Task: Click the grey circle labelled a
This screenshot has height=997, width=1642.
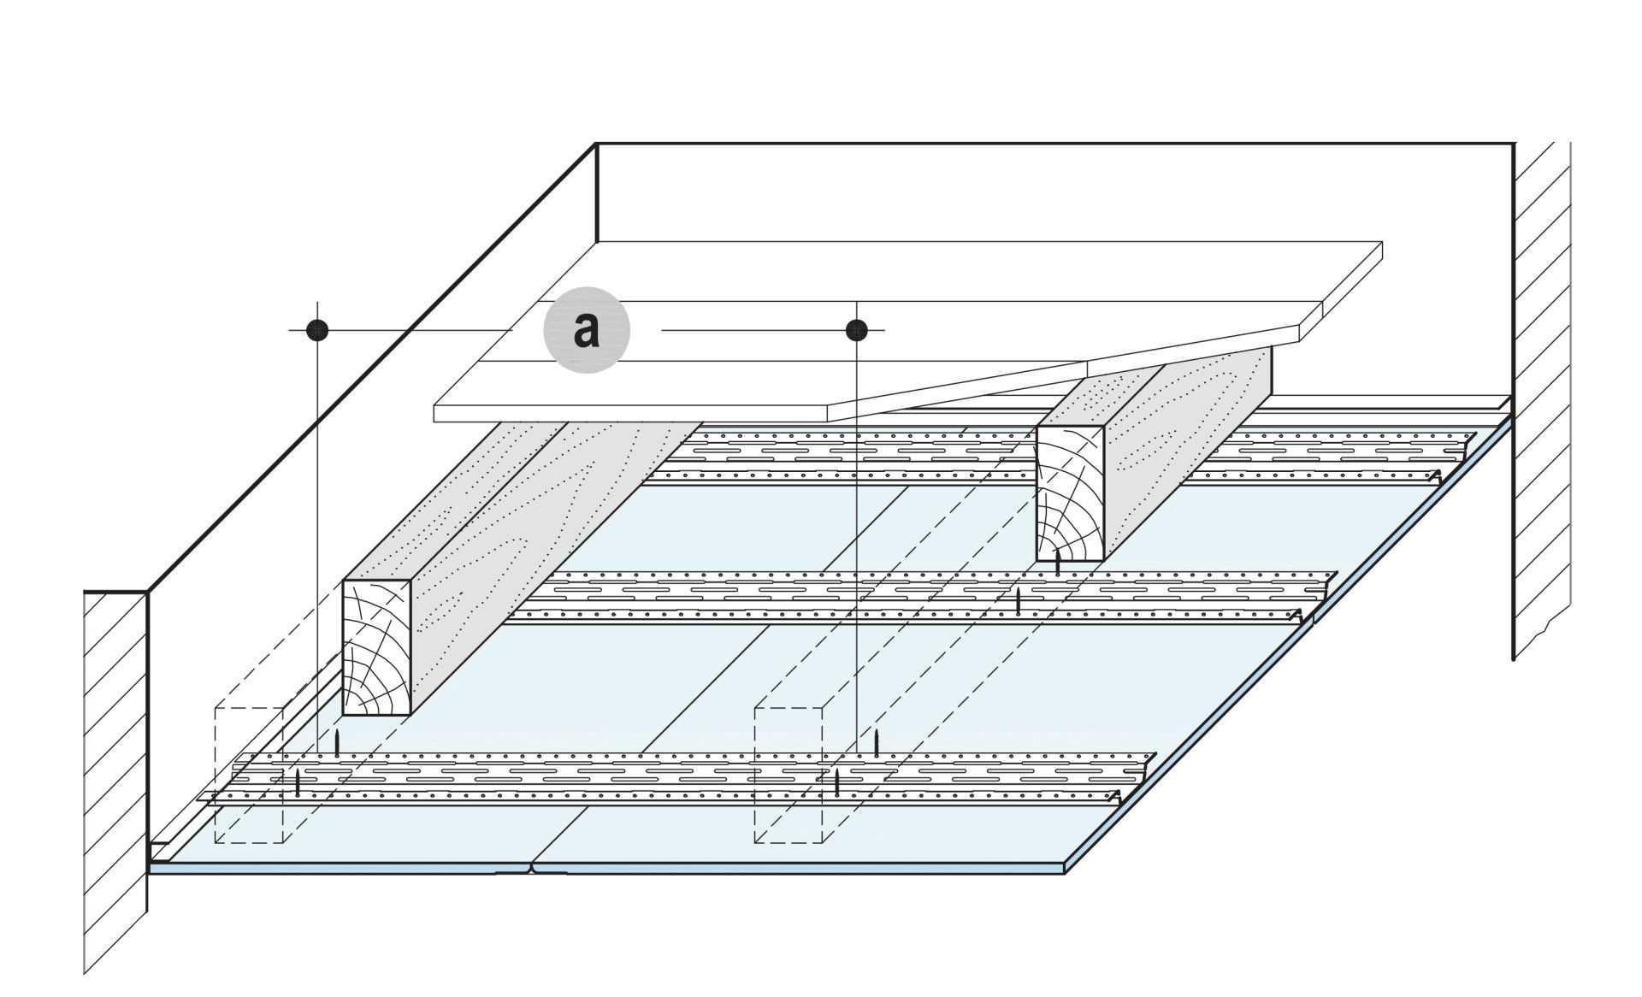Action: pos(586,329)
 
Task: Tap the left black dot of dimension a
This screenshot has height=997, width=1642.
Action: pos(317,329)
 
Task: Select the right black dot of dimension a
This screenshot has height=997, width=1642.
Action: pos(856,329)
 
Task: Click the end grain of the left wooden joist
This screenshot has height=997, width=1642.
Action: pos(377,647)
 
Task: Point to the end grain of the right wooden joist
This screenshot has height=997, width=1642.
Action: pos(1070,493)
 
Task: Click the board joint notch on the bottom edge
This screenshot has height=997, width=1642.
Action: pos(532,870)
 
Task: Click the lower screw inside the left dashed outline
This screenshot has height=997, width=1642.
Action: pos(298,782)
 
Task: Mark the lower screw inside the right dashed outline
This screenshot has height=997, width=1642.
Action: pos(837,782)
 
